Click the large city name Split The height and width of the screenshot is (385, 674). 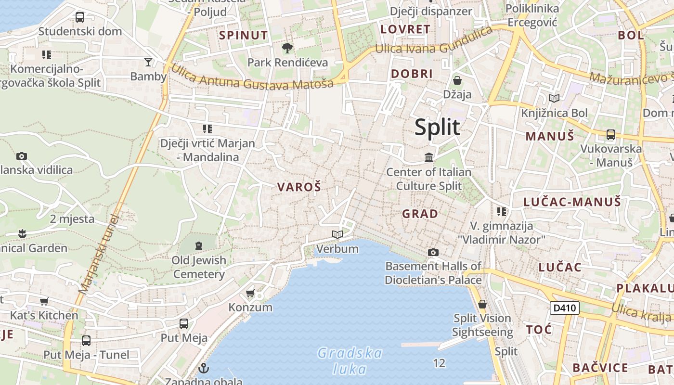437,127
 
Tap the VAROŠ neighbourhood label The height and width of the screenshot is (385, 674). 298,187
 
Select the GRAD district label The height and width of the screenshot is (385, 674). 420,214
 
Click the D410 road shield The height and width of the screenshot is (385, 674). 564,308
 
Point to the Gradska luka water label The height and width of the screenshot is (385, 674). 350,361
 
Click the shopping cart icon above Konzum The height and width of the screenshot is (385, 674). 250,293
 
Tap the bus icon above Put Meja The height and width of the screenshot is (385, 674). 183,323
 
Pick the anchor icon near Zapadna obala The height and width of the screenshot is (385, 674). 204,368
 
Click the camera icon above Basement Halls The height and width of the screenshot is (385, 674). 433,252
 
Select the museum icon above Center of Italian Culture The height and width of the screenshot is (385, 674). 429,157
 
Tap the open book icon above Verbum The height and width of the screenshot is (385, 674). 337,235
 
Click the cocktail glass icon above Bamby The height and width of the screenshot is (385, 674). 148,62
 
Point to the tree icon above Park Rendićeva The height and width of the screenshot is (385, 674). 287,48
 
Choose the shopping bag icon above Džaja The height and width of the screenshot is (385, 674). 457,80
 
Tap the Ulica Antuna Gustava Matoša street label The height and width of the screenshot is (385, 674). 252,77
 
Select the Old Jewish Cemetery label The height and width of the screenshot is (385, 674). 199,267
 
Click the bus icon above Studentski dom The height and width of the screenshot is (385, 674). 80,17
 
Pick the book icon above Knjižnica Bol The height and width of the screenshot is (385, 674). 554,99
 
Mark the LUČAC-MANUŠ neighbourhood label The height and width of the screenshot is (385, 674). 572,202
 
